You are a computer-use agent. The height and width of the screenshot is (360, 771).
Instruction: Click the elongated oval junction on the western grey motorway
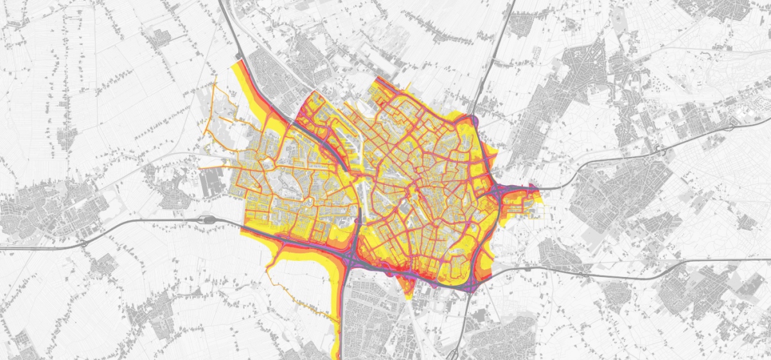207,219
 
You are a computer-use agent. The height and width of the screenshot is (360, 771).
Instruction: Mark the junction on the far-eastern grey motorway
660,151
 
